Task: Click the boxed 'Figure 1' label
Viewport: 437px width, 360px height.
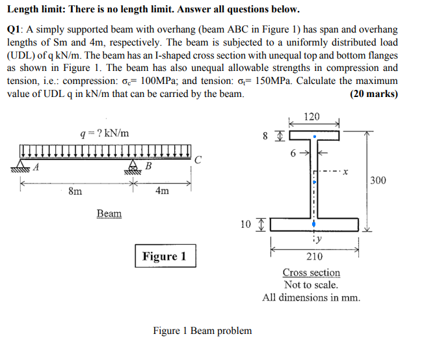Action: [165, 256]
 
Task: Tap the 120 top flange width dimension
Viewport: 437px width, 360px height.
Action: [313, 117]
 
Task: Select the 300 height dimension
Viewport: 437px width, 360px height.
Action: [378, 180]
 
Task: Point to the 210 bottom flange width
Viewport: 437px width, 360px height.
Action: [315, 256]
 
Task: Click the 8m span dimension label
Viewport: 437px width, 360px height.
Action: [75, 191]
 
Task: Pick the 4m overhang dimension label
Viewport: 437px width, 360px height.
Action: [162, 191]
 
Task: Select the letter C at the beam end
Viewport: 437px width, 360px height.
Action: [198, 158]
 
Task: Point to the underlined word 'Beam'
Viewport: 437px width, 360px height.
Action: [109, 214]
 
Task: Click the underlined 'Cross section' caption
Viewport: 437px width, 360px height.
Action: [311, 272]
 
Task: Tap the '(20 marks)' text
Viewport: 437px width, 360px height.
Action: [373, 94]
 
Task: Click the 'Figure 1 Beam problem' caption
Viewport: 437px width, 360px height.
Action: [202, 331]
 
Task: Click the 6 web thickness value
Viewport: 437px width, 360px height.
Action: [293, 153]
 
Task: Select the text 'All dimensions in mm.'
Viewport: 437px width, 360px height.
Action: [311, 298]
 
